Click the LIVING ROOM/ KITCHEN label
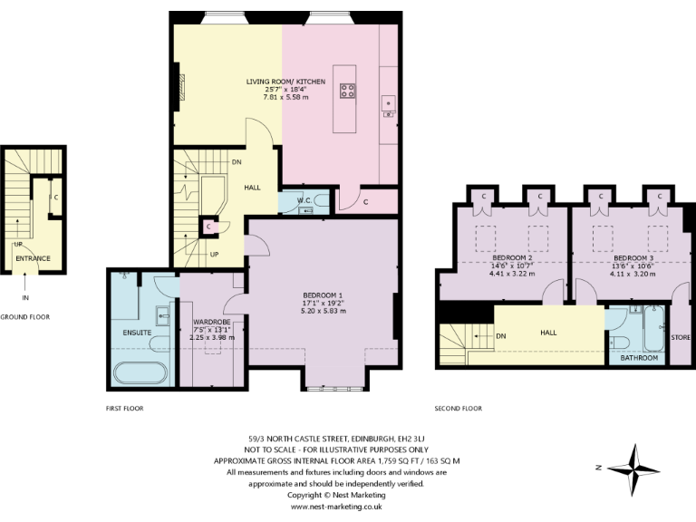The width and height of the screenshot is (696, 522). coord(285,81)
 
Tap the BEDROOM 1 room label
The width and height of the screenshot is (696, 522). coord(323,295)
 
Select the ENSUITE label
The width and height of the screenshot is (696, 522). coord(136,332)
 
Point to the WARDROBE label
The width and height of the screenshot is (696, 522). coord(213,322)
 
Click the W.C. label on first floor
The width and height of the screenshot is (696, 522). coord(293,199)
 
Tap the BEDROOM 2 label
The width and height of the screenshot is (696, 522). coord(507,257)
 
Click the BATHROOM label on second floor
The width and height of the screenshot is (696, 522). coord(638,358)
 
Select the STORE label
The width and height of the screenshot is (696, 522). coord(680,337)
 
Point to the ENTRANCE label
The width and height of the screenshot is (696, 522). coord(33,258)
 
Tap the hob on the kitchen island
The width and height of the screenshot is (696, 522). coord(347,89)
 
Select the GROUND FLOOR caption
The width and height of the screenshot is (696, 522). coord(24,317)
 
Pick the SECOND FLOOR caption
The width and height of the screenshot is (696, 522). coord(458,408)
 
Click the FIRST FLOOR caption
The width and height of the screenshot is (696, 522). coord(124,408)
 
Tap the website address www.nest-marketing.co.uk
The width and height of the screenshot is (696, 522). coord(336,507)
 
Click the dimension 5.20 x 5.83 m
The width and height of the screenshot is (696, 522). coord(323,310)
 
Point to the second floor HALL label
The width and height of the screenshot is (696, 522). coord(548,333)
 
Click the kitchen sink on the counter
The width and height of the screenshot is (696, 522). coord(387,101)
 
